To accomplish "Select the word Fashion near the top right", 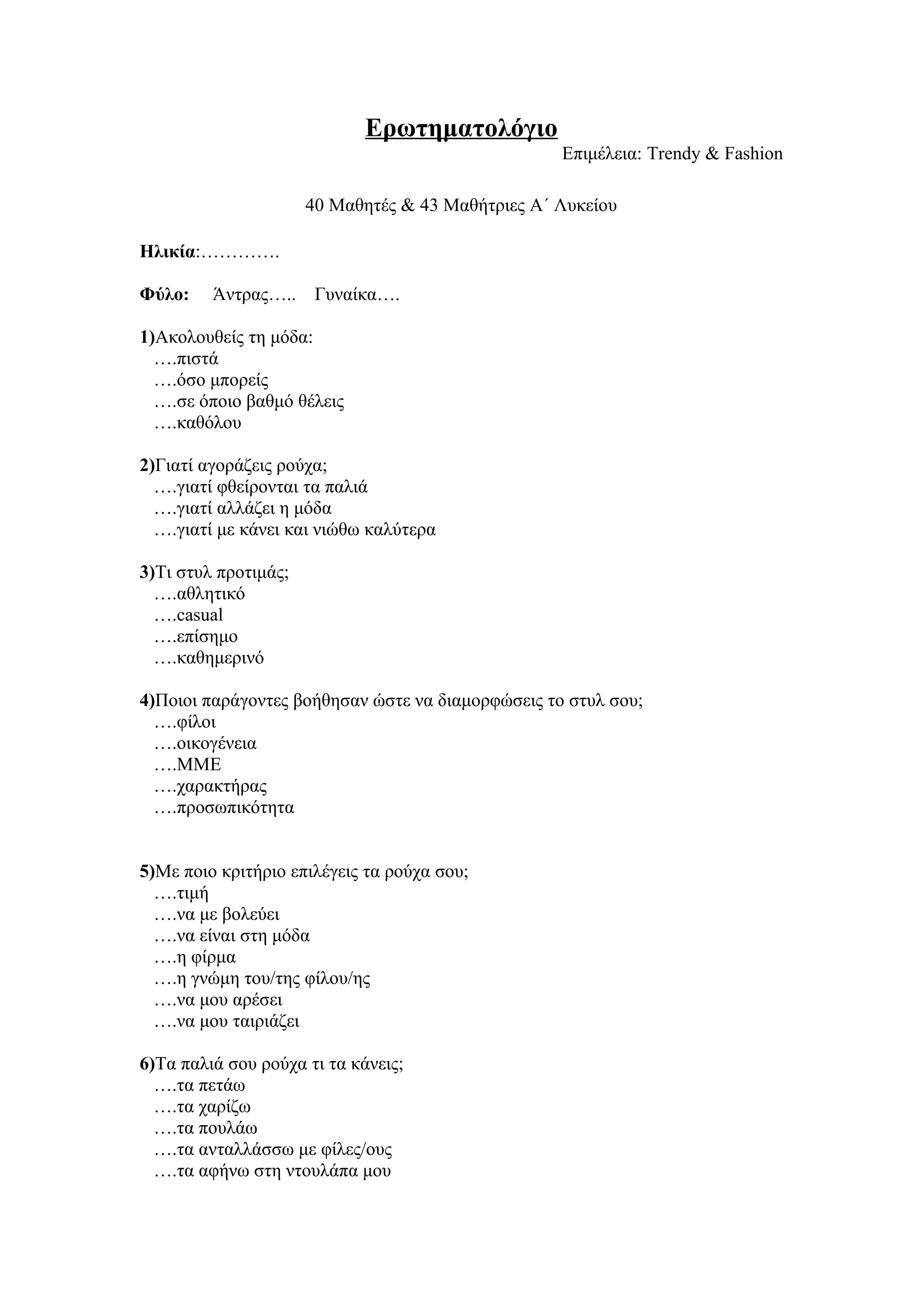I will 753,154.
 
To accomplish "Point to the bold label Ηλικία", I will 167,252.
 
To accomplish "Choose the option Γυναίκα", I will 345,295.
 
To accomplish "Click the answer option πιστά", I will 197,360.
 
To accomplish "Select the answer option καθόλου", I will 208,423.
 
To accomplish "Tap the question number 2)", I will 147,466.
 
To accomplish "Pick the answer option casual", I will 199,615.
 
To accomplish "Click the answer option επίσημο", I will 207,637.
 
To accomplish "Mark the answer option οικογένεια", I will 217,743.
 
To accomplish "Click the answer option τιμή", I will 193,893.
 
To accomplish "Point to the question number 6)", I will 147,1064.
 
